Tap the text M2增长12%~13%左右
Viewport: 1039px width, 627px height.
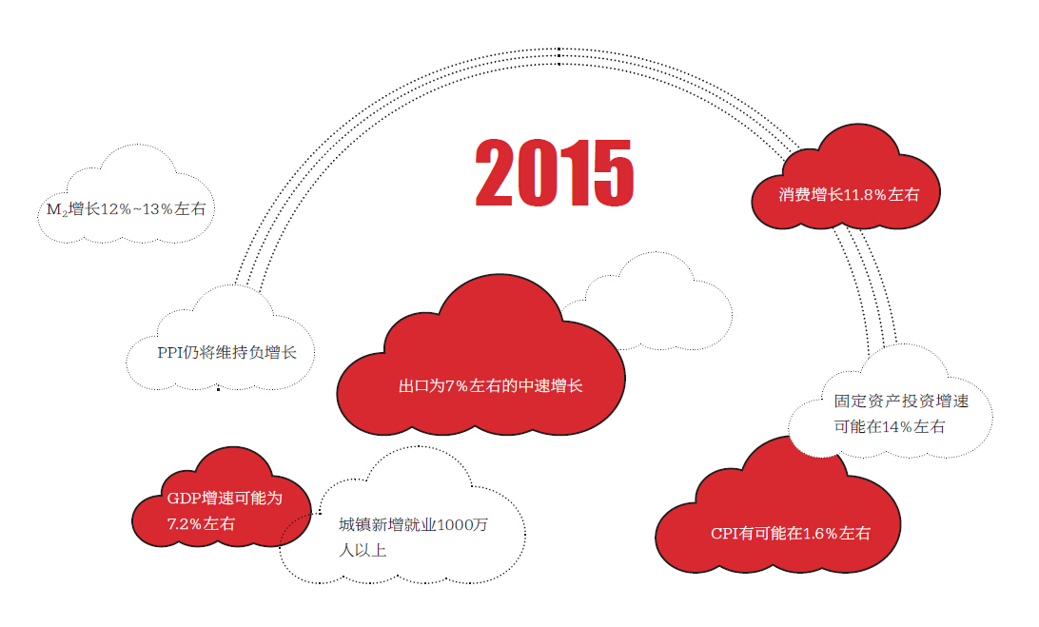point(126,209)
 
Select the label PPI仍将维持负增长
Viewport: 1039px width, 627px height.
point(226,353)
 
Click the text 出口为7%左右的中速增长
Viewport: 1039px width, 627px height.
point(490,385)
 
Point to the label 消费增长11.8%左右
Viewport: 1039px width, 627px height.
point(849,194)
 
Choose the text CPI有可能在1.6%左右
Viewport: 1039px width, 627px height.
point(790,534)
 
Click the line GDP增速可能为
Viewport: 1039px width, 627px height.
point(225,498)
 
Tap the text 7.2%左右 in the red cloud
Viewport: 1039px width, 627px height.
point(201,523)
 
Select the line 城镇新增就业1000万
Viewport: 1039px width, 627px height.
point(413,525)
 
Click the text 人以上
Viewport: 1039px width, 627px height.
point(363,550)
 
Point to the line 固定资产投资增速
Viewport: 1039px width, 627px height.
point(901,401)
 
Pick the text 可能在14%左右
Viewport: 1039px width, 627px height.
point(890,427)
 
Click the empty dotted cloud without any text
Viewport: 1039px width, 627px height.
point(649,303)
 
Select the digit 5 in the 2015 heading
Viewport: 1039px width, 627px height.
point(614,173)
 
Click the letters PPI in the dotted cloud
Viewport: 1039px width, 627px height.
point(169,353)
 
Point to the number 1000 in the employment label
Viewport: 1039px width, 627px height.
point(454,525)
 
